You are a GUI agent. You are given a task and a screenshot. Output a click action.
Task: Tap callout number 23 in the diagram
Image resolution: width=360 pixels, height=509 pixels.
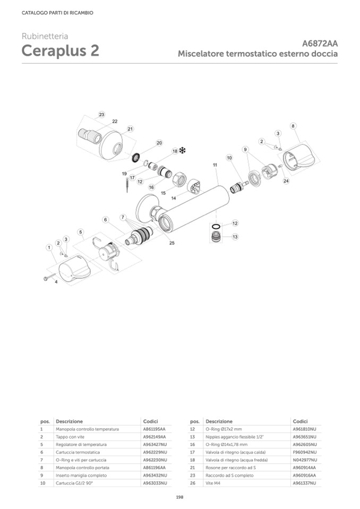[x=101, y=115]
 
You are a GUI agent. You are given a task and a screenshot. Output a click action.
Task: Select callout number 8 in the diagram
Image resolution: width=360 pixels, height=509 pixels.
[x=293, y=126]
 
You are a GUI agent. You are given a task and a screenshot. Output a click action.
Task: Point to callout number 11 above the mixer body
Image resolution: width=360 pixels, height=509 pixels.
[x=216, y=165]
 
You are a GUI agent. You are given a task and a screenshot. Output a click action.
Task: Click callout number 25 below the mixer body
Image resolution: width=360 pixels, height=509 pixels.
[x=172, y=243]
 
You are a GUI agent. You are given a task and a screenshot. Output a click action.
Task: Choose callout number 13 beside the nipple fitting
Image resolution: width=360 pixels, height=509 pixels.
[x=234, y=237]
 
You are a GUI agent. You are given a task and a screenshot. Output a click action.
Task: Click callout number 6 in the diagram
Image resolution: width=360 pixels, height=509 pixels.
[x=106, y=219]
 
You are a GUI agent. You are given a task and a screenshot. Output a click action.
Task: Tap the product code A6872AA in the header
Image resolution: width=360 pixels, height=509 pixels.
[x=320, y=44]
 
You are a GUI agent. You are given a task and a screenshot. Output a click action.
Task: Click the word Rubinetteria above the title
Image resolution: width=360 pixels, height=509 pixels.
[x=45, y=37]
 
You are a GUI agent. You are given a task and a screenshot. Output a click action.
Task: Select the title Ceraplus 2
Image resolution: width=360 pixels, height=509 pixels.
[x=60, y=51]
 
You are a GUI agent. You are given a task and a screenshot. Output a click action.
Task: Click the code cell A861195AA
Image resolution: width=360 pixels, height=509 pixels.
[x=154, y=428]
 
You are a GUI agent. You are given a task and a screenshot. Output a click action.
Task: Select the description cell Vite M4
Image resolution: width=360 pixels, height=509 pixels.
[x=212, y=483]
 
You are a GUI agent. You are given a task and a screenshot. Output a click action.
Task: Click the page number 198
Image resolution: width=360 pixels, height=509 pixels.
[x=179, y=497]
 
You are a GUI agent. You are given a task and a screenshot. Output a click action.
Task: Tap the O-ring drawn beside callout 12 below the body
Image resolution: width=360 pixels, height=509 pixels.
[x=216, y=225]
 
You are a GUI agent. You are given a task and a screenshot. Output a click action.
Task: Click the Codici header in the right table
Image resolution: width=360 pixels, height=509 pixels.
[x=300, y=421]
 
